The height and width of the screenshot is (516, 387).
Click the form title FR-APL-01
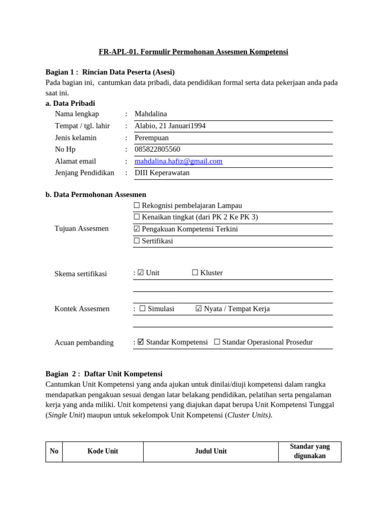click(193, 52)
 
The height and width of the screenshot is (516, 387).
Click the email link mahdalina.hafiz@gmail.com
click(178, 161)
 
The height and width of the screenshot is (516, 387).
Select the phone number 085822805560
click(157, 149)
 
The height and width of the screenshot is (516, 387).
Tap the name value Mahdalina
click(151, 114)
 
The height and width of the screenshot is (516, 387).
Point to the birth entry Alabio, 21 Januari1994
click(170, 125)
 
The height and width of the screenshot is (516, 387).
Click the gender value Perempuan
click(152, 138)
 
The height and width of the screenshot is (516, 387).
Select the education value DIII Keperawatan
click(162, 173)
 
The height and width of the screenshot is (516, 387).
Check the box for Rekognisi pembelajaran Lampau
click(137, 206)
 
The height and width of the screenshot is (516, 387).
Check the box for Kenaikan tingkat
click(137, 217)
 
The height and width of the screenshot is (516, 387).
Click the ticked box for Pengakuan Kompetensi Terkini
click(137, 229)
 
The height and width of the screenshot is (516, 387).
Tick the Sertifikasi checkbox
click(137, 241)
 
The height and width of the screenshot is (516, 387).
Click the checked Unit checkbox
click(141, 273)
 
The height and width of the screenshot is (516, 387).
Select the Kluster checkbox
click(195, 273)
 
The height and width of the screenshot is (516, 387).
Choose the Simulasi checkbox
click(142, 309)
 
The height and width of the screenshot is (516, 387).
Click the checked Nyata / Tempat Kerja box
click(199, 309)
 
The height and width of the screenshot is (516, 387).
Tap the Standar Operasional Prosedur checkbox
click(217, 342)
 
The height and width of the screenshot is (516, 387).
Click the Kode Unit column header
click(103, 451)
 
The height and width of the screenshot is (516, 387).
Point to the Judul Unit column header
click(211, 451)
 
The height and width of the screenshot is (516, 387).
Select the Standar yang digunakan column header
click(309, 451)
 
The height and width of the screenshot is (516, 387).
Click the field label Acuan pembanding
click(84, 343)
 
